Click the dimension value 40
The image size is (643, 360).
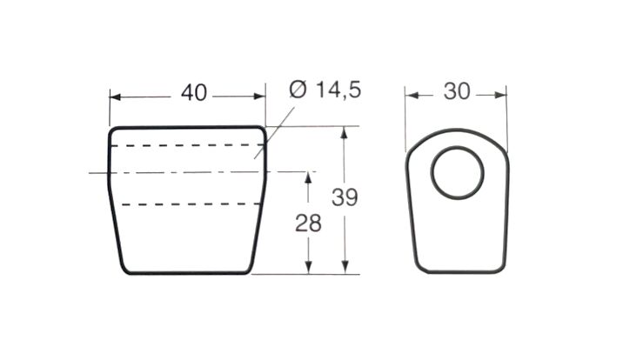[193, 93]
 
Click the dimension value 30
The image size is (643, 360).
[457, 91]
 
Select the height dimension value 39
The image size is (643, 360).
[345, 197]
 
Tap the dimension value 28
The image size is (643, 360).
[308, 223]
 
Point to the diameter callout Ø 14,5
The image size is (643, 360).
[325, 90]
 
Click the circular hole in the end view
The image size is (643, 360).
[458, 147]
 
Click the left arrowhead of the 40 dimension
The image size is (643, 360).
[115, 97]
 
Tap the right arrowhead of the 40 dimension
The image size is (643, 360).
[259, 97]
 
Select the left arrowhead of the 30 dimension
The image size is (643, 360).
[412, 96]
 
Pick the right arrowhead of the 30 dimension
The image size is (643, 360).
[500, 95]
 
